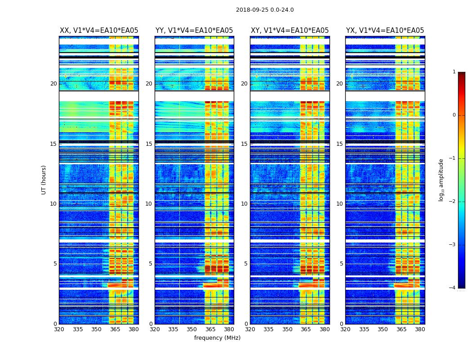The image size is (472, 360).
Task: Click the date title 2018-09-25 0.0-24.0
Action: point(265,10)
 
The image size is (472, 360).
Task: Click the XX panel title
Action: point(99,31)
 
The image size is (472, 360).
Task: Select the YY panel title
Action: point(194,31)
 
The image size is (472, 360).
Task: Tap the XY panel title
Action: point(289,31)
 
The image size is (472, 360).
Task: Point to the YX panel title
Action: point(385,31)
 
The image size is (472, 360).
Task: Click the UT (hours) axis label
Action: point(44,180)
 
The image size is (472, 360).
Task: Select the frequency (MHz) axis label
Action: point(217,338)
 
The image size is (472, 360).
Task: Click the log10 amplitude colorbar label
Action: point(441,180)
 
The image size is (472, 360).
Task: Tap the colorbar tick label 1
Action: point(454,72)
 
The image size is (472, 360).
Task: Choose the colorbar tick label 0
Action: point(454,115)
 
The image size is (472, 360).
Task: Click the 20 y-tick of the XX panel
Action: point(53,84)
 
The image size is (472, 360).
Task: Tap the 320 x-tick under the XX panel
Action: point(59,329)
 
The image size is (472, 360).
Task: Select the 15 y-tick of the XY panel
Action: point(244,144)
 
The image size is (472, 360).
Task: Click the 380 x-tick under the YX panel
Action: point(420,329)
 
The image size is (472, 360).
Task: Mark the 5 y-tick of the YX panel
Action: point(341,264)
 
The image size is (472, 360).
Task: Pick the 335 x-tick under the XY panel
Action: point(268,329)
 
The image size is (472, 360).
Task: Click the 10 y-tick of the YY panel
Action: point(149,204)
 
